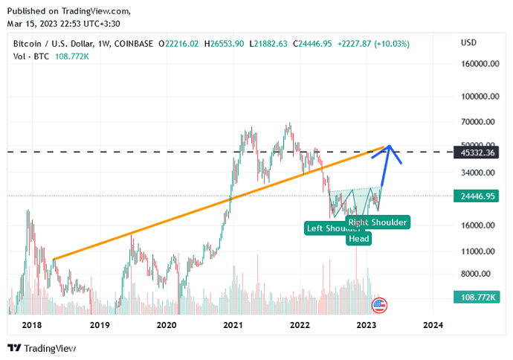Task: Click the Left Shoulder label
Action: click(x=333, y=228)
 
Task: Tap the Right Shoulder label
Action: click(x=378, y=222)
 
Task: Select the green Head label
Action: click(x=358, y=239)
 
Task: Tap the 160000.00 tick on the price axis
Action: click(x=480, y=64)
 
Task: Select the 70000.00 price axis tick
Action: click(x=480, y=122)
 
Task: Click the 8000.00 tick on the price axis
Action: click(x=480, y=274)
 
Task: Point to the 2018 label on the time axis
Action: click(x=32, y=325)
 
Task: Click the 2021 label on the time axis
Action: click(x=233, y=325)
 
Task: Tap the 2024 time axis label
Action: click(x=433, y=325)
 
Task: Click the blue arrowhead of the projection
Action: click(x=389, y=149)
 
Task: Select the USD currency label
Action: click(x=469, y=43)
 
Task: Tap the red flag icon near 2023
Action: click(x=379, y=304)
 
